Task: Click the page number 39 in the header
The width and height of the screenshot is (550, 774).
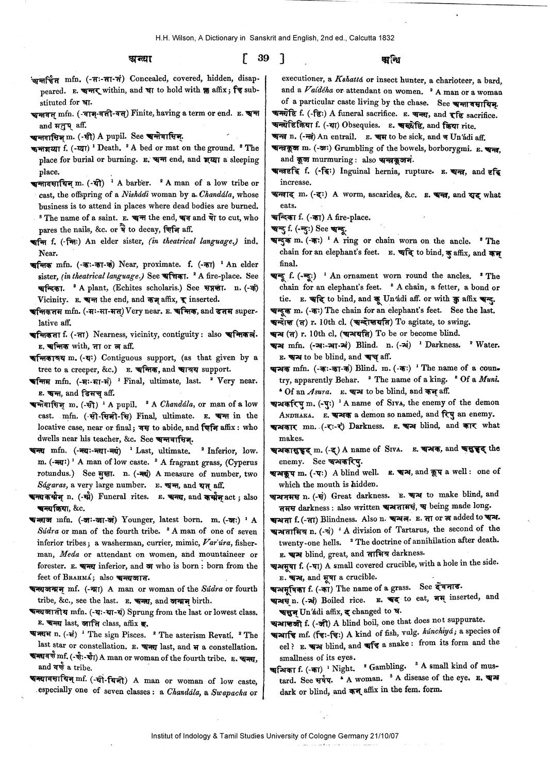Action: [263, 58]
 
